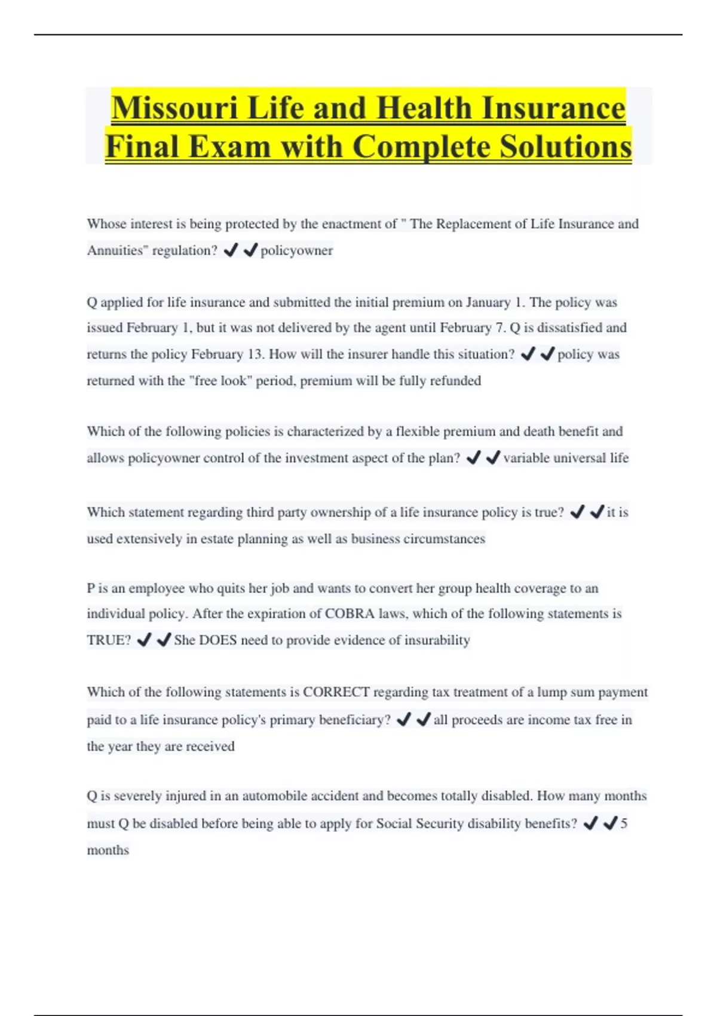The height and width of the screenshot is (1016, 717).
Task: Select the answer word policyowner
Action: [x=296, y=250]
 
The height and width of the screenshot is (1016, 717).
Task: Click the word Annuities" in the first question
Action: [x=117, y=250]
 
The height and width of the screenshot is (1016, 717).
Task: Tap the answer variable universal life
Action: [x=566, y=458]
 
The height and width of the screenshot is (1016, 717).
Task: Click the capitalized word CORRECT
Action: [x=336, y=692]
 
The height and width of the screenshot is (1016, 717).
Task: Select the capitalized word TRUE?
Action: [x=109, y=640]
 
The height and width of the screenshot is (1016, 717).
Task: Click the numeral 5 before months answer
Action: [x=624, y=824]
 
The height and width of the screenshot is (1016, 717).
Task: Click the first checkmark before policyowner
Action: [x=231, y=250]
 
